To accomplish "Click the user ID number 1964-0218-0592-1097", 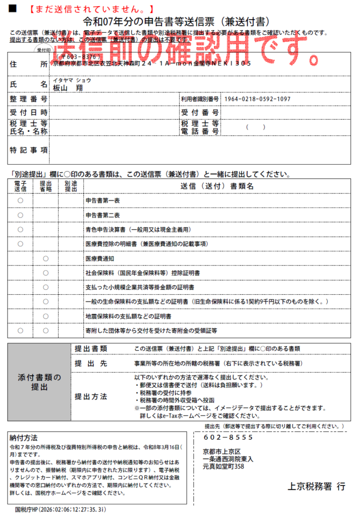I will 257,99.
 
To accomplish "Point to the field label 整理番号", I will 29,99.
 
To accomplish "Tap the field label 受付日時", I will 29,112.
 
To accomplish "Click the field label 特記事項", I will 29,150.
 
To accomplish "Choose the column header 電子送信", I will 20,186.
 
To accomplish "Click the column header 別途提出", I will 71,186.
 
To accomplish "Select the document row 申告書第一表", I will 102,200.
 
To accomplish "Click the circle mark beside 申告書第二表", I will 20,215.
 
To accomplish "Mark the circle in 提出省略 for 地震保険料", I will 45,317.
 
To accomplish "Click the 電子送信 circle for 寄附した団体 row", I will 20,331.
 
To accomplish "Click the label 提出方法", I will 91,396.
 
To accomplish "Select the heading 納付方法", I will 24,438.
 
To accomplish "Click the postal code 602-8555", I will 228,437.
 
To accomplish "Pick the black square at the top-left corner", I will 13,9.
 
